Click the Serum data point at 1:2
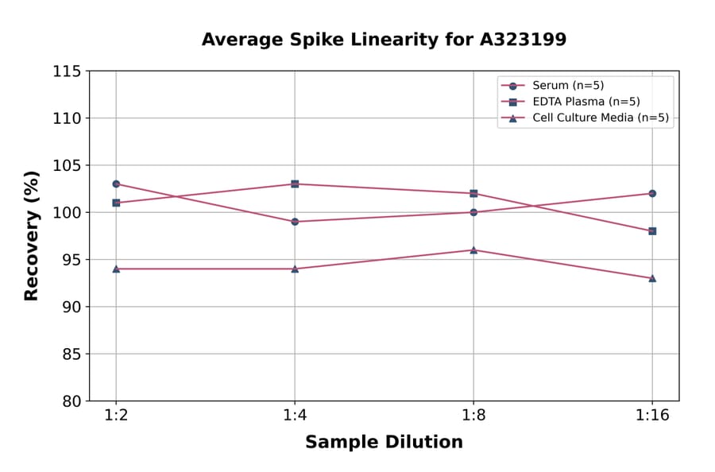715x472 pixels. tap(116, 184)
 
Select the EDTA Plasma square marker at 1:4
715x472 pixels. tap(295, 184)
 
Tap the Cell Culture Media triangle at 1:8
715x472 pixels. tap(473, 250)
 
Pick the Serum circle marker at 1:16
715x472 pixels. tap(652, 193)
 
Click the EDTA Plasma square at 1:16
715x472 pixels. tap(652, 231)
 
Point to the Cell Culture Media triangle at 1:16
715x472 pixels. tap(652, 278)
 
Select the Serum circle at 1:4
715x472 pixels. tap(295, 222)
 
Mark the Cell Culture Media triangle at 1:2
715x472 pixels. tap(116, 269)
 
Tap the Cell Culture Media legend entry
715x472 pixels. tap(589, 118)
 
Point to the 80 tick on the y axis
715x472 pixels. tap(71, 401)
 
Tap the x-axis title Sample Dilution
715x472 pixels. tap(384, 443)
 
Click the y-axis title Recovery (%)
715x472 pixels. tap(32, 236)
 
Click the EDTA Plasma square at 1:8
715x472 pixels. tap(473, 193)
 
